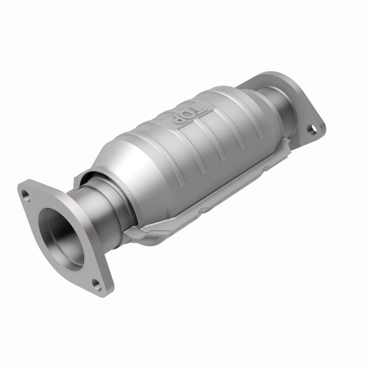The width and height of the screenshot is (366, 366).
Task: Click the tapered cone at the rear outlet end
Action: tap(249, 91)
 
